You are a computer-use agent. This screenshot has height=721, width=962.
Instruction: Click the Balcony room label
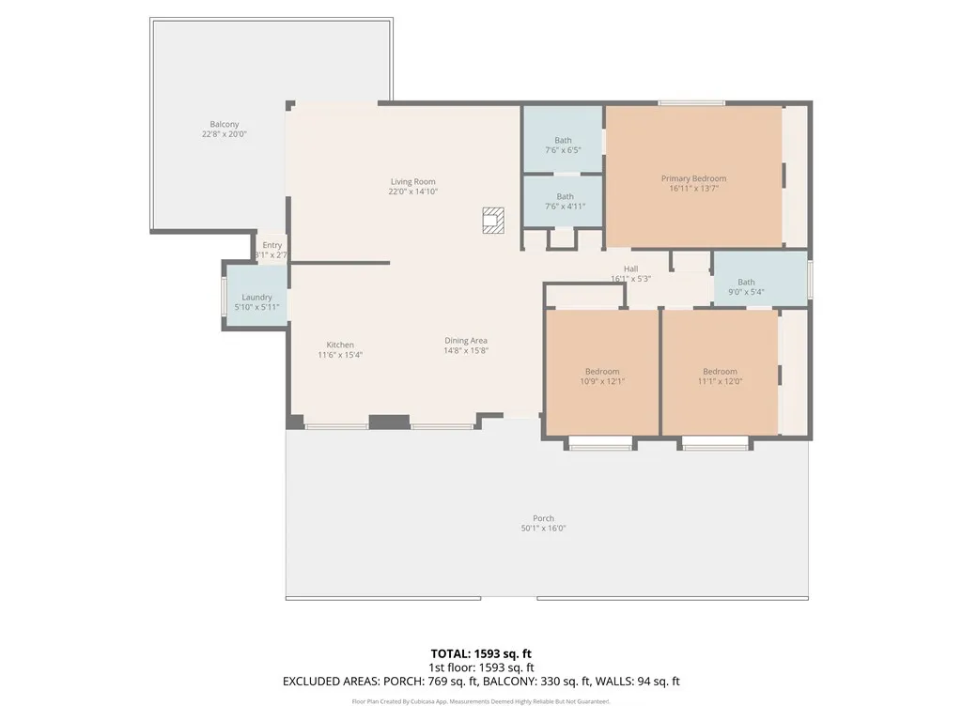point(224,124)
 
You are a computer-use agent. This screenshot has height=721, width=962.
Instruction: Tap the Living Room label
point(413,181)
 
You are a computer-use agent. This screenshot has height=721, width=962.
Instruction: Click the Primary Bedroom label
point(693,178)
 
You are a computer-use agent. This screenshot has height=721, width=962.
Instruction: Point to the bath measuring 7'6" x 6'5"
point(563,146)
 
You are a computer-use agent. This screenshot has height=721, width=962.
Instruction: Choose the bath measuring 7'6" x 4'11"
point(565,202)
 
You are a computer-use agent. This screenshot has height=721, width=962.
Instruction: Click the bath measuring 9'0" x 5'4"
point(746,286)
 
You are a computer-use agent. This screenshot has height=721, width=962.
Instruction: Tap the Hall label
point(630,269)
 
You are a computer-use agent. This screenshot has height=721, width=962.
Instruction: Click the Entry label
point(272,245)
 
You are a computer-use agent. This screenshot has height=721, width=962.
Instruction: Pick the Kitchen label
point(340,345)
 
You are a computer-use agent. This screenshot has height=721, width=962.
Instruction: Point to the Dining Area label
point(466,341)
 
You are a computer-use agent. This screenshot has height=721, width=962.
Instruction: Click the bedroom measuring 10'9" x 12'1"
point(602,376)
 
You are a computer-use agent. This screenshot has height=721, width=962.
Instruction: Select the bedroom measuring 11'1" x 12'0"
point(720,376)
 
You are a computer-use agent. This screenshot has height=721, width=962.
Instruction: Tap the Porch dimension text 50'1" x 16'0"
point(543,529)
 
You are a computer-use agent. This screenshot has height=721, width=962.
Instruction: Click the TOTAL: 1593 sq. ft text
point(481,652)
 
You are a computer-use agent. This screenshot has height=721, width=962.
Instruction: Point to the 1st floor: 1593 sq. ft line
point(481,667)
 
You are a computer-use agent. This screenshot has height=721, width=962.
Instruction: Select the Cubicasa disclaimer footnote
point(481,702)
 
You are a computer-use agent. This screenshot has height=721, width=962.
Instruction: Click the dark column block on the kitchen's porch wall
point(388,422)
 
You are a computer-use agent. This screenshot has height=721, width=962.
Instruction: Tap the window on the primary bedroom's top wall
point(690,102)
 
